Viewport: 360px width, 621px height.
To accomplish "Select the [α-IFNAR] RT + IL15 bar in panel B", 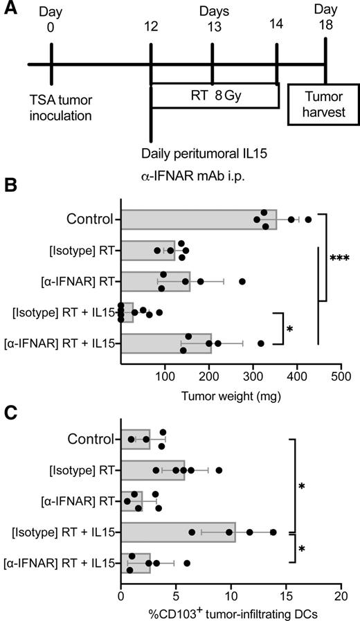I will click(x=166, y=343).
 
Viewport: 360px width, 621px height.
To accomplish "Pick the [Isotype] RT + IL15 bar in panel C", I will click(x=178, y=532).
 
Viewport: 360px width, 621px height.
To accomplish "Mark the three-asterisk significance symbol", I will click(x=339, y=259).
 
